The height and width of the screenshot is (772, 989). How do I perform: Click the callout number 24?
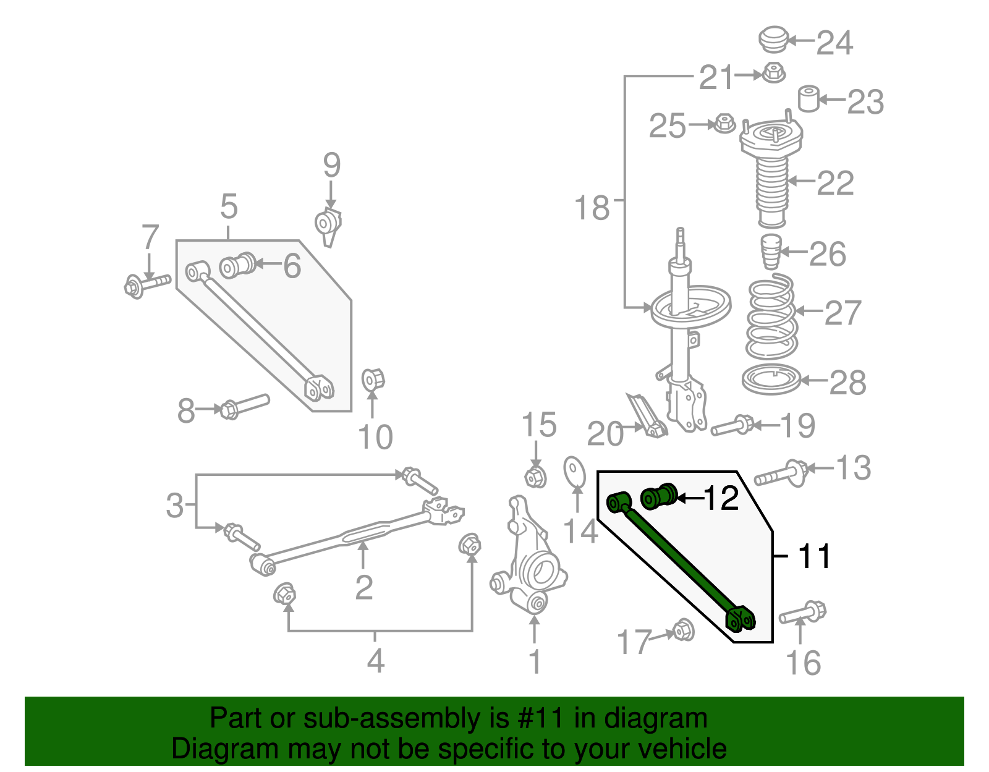point(834,43)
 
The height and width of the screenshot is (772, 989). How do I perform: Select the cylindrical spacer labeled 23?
point(809,99)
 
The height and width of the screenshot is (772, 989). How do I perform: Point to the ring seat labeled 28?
point(771,380)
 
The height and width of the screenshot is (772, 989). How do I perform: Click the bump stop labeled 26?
point(770,251)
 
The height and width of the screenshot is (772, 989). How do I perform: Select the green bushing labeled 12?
point(659,496)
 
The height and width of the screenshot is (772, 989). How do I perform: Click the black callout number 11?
point(815,556)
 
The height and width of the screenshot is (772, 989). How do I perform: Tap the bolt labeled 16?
point(802,613)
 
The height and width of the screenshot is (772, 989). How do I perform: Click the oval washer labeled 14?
point(575,472)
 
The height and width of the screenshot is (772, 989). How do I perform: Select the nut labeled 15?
point(535,477)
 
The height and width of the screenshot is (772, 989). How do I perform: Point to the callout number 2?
point(363,587)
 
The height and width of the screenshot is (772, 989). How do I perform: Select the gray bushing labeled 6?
point(238,265)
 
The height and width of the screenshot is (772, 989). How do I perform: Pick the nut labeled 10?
point(373,379)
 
